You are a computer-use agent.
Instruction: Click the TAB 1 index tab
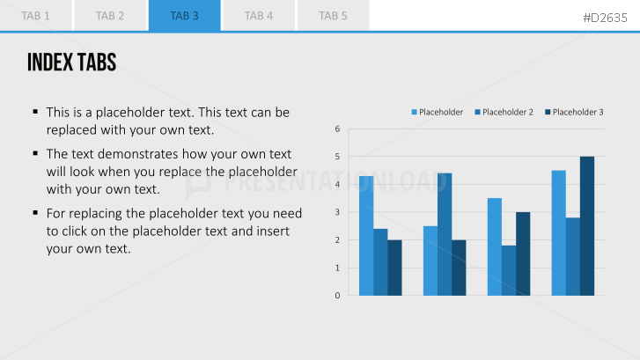(x=36, y=16)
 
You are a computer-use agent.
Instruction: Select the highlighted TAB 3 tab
(x=185, y=16)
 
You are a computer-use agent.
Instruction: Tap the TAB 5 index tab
(x=333, y=16)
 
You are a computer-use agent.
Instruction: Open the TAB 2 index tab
(x=110, y=16)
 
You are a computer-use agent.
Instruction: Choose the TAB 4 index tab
(x=259, y=16)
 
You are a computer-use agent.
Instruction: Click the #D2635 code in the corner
(x=605, y=18)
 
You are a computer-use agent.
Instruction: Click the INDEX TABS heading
(x=72, y=62)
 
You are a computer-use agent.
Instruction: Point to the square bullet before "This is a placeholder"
(x=35, y=111)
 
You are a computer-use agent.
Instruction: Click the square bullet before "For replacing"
(x=35, y=212)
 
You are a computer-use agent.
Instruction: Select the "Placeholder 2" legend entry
(x=504, y=112)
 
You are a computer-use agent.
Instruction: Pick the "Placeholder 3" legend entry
(x=574, y=112)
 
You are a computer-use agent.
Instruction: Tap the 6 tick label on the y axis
(x=337, y=129)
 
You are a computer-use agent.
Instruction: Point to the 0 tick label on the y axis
(x=337, y=295)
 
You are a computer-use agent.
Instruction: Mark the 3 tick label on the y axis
(x=337, y=212)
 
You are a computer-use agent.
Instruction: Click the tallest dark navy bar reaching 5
(x=587, y=225)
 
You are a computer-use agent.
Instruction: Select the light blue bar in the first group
(x=366, y=236)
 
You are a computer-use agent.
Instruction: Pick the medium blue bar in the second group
(x=445, y=234)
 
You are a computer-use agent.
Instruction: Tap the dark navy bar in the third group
(x=523, y=253)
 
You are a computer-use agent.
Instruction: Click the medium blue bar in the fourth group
(x=573, y=256)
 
